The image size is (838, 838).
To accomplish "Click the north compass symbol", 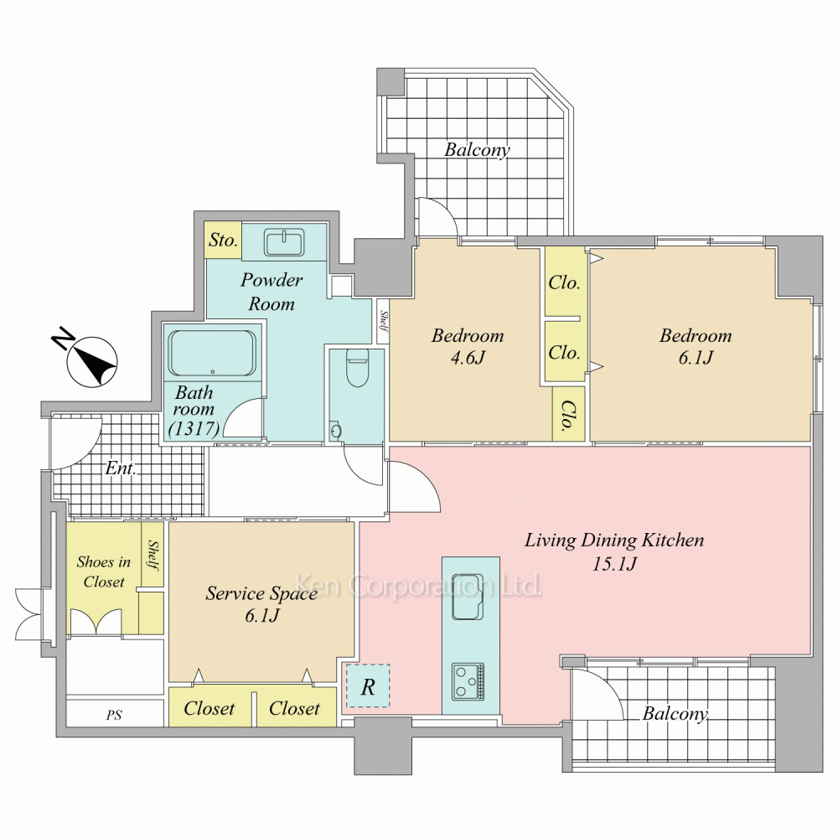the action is [x=91, y=361].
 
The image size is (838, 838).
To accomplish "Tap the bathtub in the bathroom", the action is [x=212, y=354].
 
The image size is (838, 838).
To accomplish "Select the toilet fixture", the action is [x=357, y=368].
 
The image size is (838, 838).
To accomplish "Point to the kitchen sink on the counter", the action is [x=468, y=597].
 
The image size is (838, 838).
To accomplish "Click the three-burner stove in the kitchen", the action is [x=468, y=681].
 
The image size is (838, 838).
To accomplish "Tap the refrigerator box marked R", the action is [x=368, y=686].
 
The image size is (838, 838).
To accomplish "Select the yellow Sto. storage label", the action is [x=223, y=240].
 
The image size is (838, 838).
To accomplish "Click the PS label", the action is [x=114, y=715].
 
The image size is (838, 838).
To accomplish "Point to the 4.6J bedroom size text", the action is [x=468, y=358].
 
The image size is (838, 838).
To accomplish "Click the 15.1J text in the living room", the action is [x=614, y=564].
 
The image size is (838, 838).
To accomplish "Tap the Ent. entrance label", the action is [x=121, y=468].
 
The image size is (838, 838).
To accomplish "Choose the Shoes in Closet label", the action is [x=104, y=572].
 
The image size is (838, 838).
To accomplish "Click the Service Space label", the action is [x=261, y=593].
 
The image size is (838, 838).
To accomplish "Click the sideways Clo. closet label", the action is [x=567, y=416].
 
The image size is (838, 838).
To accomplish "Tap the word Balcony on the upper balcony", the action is [x=478, y=150].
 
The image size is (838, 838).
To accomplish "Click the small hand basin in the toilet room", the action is [x=336, y=431].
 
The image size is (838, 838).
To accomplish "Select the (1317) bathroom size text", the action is [x=194, y=428].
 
